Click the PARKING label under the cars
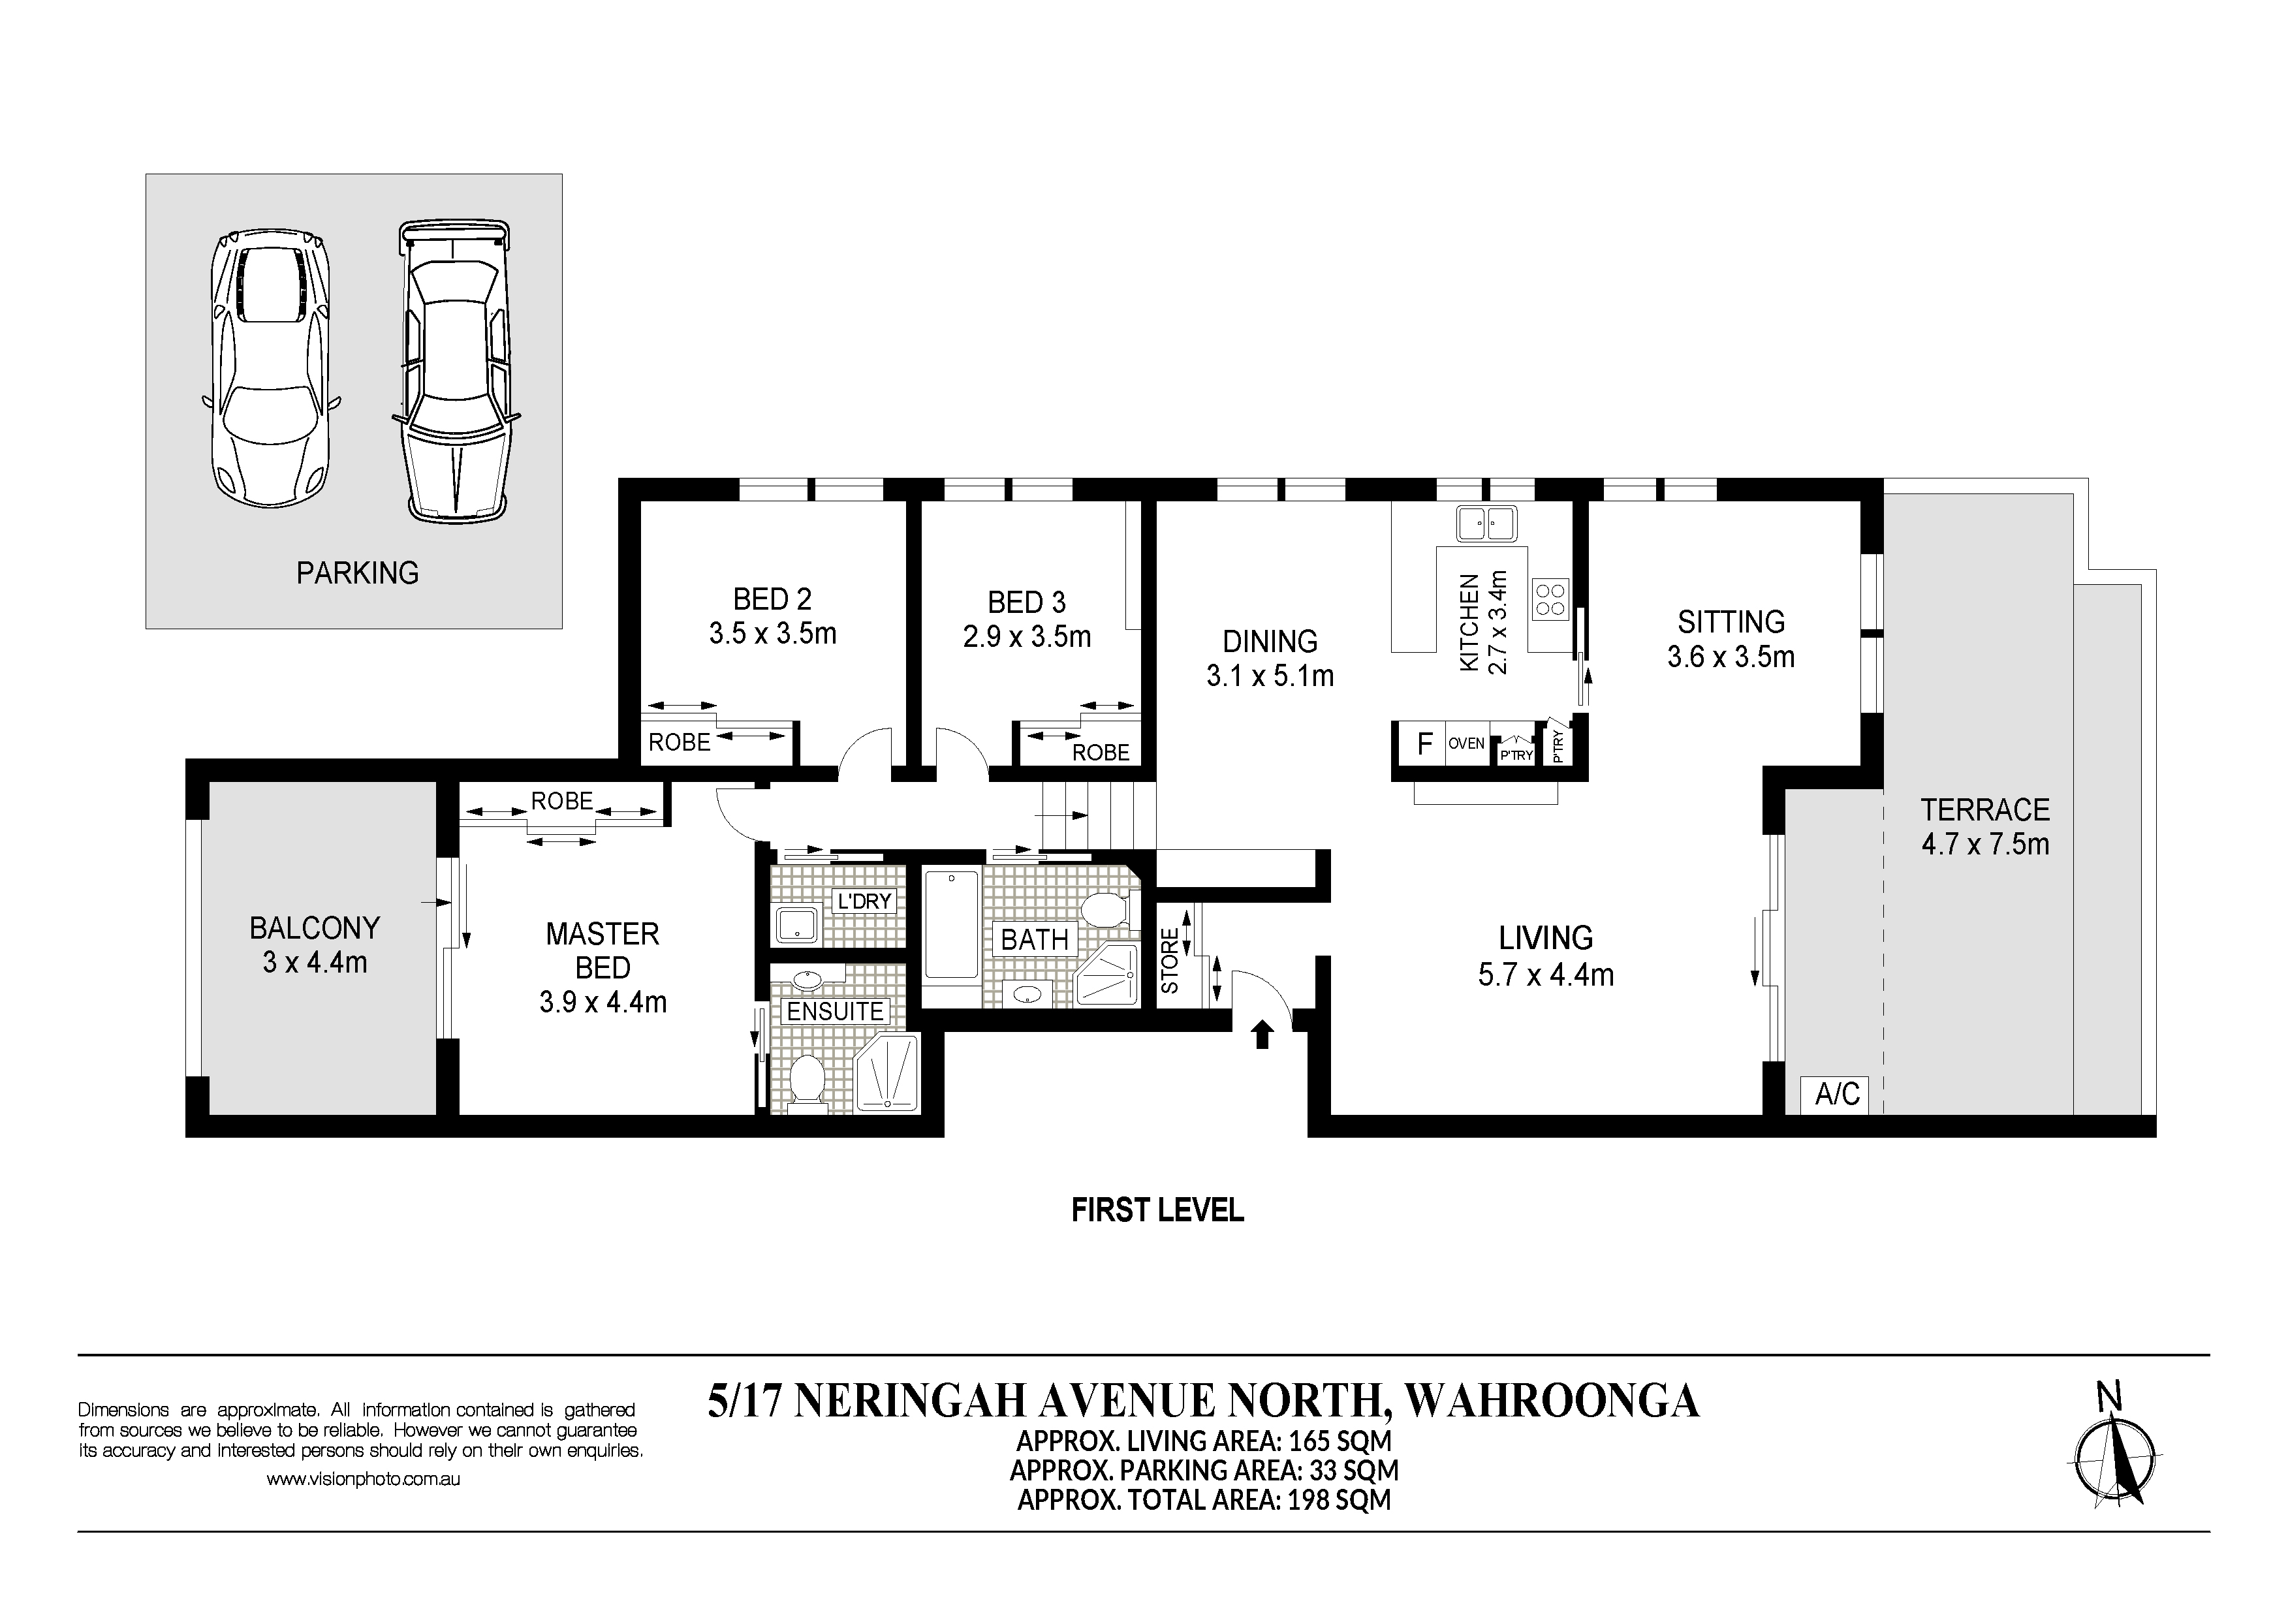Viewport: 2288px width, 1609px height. click(358, 573)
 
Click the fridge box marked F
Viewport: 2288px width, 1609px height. click(1425, 743)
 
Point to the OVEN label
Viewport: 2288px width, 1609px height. click(1467, 743)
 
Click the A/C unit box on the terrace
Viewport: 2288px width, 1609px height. click(1836, 1094)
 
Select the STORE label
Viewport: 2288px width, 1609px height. click(1170, 960)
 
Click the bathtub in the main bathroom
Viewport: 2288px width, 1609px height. click(952, 924)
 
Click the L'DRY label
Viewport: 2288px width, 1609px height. click(864, 901)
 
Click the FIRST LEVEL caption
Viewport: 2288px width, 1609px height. click(1157, 1210)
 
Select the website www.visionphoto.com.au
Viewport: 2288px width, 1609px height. click(363, 1480)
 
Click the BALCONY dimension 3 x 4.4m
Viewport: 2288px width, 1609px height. click(315, 962)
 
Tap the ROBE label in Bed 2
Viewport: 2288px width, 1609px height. click(680, 742)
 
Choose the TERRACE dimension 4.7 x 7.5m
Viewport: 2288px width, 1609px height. click(1985, 844)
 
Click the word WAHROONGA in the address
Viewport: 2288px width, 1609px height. click(1552, 1401)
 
